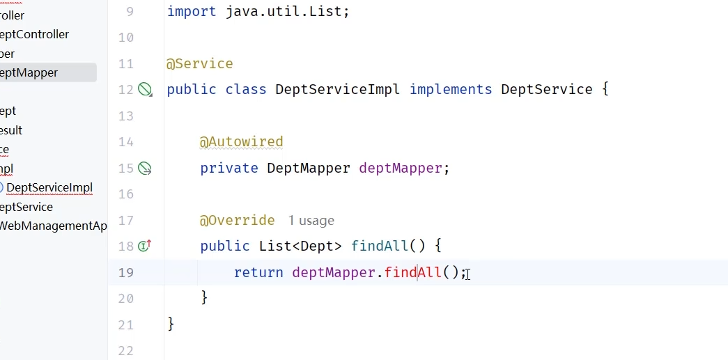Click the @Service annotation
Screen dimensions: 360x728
click(199, 64)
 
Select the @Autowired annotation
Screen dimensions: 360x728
click(241, 142)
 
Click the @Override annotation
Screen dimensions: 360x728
click(237, 221)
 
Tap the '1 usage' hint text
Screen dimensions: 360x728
click(311, 221)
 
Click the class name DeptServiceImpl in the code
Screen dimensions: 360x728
click(338, 90)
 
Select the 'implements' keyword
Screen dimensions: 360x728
click(450, 90)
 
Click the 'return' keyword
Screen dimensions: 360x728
click(258, 272)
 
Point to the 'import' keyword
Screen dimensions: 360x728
click(192, 12)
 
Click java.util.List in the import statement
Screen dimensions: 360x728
click(286, 12)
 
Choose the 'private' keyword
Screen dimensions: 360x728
click(229, 169)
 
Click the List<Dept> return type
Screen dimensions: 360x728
click(300, 246)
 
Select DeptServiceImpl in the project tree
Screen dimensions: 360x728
click(49, 188)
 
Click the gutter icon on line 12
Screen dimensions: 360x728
click(145, 89)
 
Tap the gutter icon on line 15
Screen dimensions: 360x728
click(145, 168)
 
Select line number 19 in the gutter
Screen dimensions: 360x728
click(125, 272)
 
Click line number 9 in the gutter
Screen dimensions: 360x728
click(130, 12)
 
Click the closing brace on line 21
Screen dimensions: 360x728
click(171, 324)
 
